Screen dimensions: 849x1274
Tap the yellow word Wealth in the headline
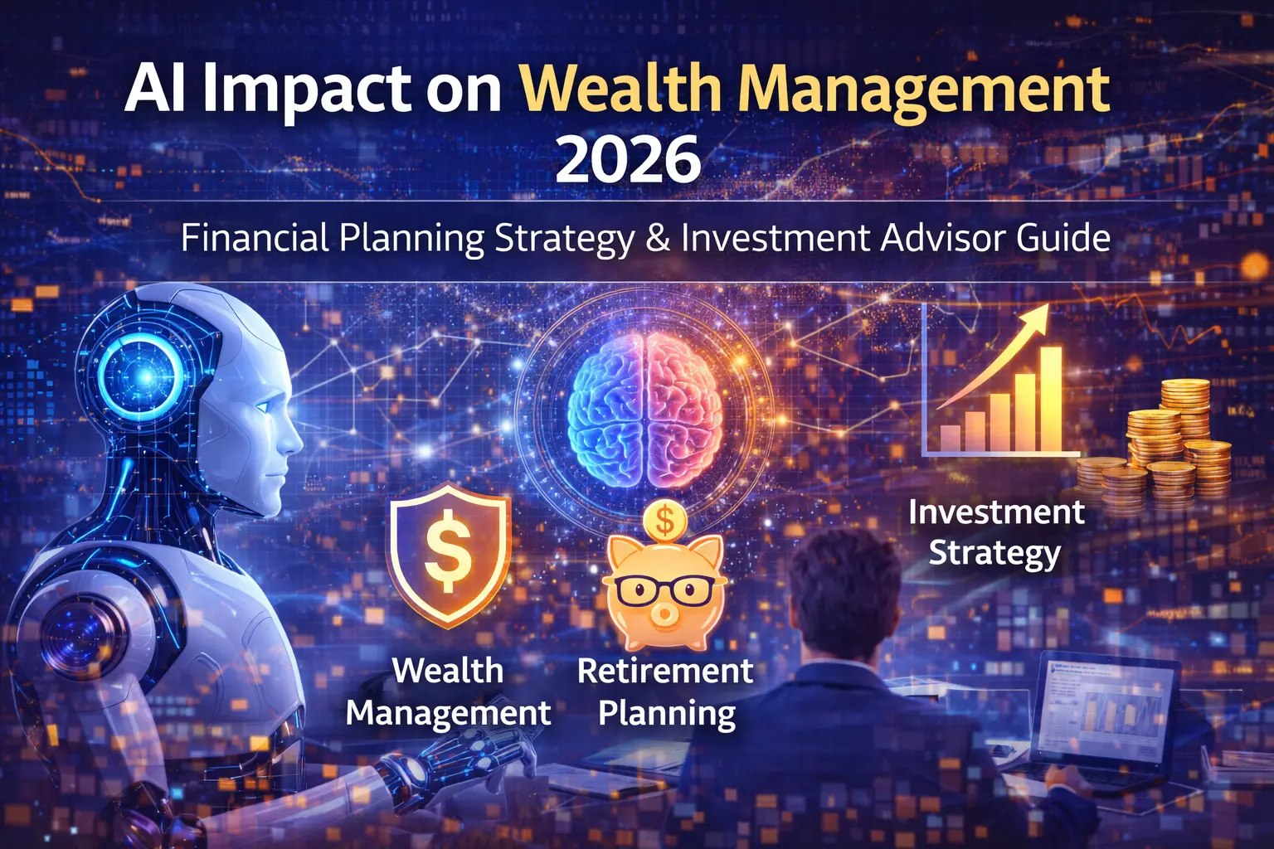coord(620,89)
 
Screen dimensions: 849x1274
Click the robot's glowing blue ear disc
coord(142,376)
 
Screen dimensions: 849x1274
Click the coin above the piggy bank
coord(664,521)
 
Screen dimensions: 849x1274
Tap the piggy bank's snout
coord(664,615)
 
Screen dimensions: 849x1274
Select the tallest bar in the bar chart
coord(1051,399)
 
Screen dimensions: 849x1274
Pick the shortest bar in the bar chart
coord(950,438)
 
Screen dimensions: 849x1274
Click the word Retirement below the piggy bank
coord(665,671)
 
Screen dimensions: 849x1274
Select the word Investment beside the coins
coord(996,512)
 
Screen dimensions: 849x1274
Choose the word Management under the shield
coord(448,713)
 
